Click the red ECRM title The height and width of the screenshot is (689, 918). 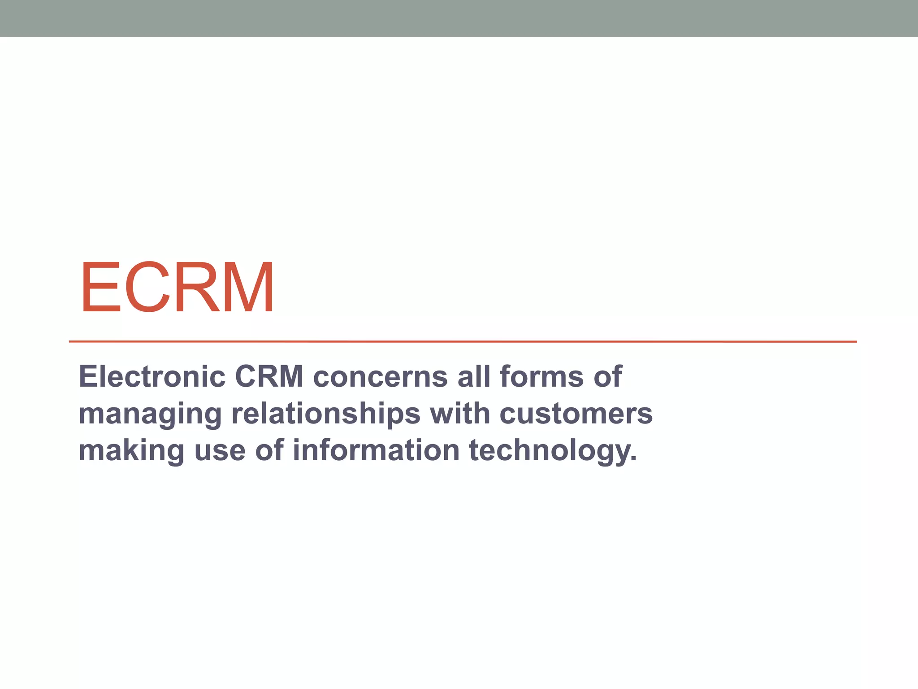pos(177,287)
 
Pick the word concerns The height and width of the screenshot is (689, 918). pos(380,376)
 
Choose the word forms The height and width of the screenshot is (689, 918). pos(541,376)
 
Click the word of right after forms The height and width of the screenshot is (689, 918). pos(608,376)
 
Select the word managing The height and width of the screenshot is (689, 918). pos(150,414)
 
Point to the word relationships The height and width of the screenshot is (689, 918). pos(326,414)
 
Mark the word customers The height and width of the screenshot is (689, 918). pos(576,414)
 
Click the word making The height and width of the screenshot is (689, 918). pos(131,451)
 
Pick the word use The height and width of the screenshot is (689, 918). pos(220,451)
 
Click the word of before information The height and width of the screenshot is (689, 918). pos(269,450)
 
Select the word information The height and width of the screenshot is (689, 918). pos(376,450)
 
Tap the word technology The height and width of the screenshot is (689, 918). pos(553,451)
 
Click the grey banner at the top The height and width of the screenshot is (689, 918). pos(459,18)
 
